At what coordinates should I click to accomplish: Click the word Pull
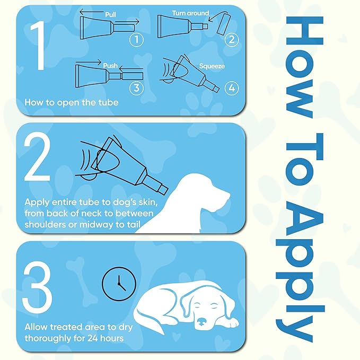tap(110, 14)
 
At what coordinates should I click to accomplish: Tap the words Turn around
tap(190, 13)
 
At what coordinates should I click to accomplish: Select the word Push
tap(110, 66)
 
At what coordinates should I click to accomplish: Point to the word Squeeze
tap(212, 66)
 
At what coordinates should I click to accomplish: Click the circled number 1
tap(137, 39)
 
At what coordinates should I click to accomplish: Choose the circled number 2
tap(232, 39)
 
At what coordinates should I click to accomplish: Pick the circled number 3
tap(136, 87)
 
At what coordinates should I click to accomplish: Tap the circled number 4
tap(232, 88)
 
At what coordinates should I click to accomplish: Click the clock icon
tap(119, 284)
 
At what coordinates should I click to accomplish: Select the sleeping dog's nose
tap(201, 322)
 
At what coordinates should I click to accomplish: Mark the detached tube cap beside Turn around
tap(223, 24)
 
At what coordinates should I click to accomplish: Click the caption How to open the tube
tap(72, 102)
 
